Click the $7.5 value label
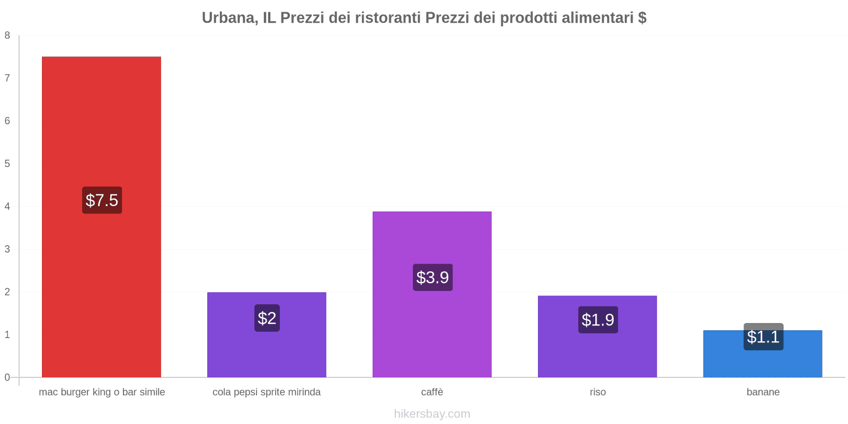102,200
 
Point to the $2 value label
267,318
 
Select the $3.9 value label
432,277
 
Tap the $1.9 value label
598,320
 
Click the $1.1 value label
763,337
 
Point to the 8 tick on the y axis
7,36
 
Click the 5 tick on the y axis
7,164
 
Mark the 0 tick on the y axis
7,377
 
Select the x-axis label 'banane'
763,392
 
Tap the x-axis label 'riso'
597,392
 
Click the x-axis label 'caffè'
432,392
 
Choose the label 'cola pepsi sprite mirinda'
267,392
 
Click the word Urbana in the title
228,18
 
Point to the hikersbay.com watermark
432,414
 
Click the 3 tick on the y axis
7,249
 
